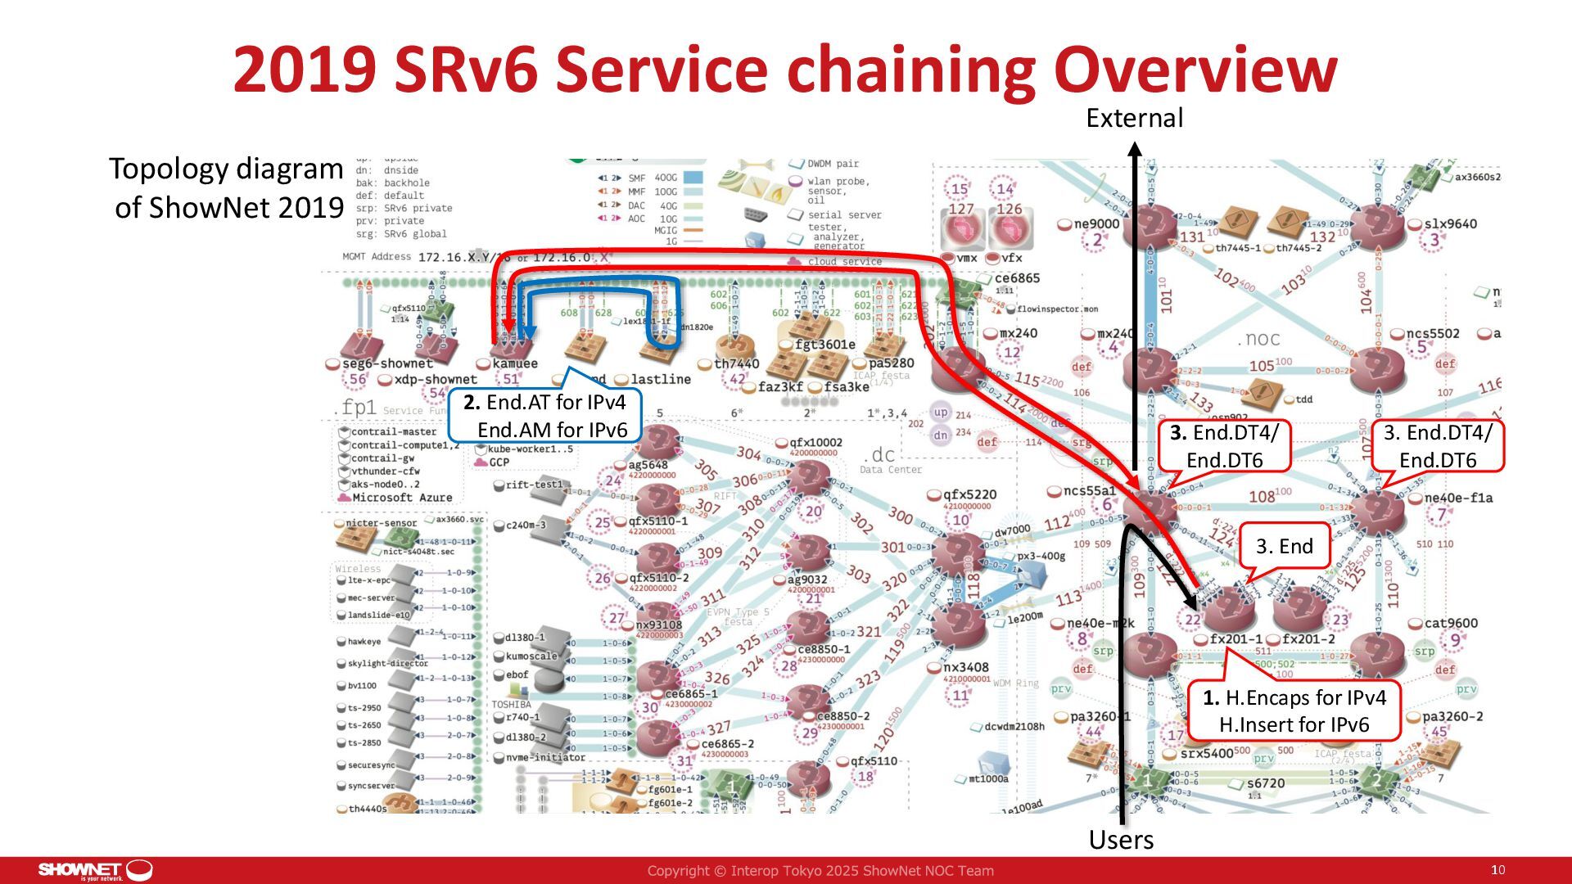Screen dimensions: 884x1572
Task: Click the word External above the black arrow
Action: tap(1134, 118)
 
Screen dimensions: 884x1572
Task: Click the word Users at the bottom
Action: tap(1121, 840)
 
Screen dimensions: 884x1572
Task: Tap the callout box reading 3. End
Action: tap(1284, 546)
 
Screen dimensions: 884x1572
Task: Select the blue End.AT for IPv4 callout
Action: tap(544, 416)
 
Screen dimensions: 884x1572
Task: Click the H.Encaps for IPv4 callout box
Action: tap(1294, 710)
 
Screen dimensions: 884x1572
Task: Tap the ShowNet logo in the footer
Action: tap(95, 870)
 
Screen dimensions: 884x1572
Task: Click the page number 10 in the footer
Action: tap(1497, 870)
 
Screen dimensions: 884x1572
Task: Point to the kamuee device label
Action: tap(515, 363)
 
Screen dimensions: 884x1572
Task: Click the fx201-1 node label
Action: tap(1235, 639)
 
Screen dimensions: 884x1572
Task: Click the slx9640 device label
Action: tap(1450, 223)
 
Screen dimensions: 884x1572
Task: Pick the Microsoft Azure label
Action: tap(402, 497)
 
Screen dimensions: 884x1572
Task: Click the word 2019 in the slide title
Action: tap(304, 70)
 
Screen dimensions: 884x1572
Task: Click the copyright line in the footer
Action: tap(820, 871)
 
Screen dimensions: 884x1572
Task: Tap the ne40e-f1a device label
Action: tap(1458, 498)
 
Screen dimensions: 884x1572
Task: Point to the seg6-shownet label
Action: tap(387, 363)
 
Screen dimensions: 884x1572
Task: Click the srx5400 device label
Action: tap(1206, 753)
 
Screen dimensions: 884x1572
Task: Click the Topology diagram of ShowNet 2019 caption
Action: tap(226, 187)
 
